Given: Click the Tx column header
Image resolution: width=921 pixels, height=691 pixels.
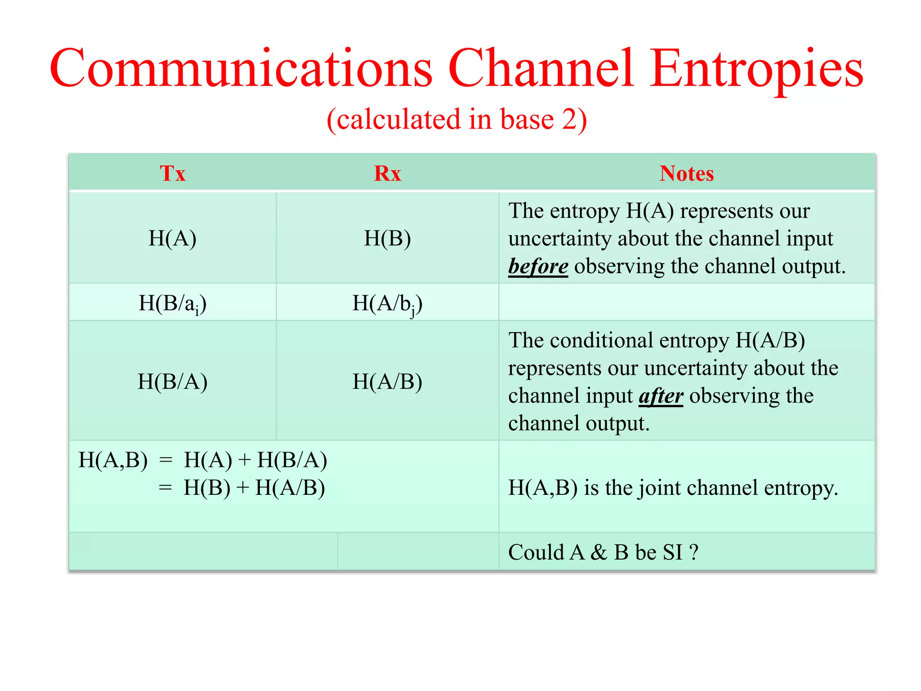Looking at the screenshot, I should point(172,173).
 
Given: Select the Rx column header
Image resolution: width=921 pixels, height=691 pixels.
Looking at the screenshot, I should point(387,173).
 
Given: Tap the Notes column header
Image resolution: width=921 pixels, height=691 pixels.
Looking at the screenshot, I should point(686,173).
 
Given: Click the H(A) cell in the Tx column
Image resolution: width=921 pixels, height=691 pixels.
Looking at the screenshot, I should point(172,238).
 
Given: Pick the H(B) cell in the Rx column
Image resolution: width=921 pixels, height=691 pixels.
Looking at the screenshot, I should point(387,238).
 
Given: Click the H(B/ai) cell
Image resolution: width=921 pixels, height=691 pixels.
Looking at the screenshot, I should point(172,303).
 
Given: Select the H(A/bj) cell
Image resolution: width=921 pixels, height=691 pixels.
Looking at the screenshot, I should point(387,303).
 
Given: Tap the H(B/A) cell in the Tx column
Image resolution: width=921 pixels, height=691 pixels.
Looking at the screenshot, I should point(172,381).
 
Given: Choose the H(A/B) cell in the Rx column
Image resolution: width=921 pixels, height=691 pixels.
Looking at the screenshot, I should point(387,381).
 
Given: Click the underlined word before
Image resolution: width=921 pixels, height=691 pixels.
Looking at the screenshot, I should point(538,266).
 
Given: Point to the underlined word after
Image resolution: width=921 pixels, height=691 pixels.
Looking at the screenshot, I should point(661,396).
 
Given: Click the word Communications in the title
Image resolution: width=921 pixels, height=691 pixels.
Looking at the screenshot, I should point(241,69).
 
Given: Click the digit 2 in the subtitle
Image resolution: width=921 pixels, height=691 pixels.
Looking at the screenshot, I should point(568,119).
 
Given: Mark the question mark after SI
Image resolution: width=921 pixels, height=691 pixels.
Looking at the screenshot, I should point(694,552).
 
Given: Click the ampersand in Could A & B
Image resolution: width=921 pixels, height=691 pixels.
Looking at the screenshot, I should point(599,552).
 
